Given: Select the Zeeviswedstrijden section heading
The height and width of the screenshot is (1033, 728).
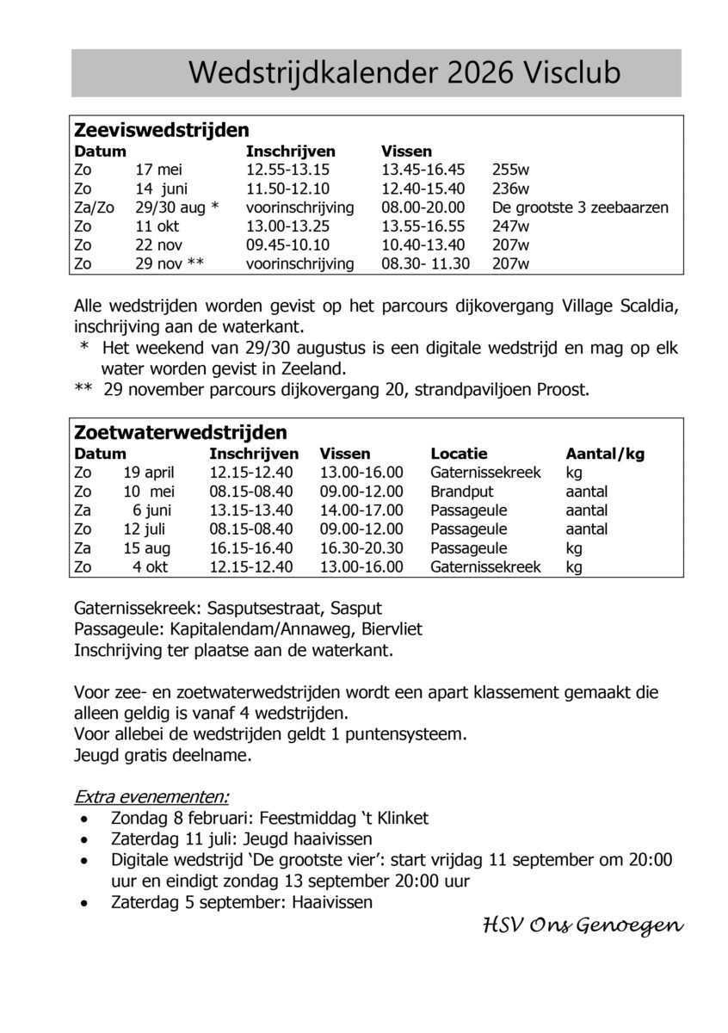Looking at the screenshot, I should point(162,130).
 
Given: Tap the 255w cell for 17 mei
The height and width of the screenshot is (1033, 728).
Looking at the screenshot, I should point(510,170).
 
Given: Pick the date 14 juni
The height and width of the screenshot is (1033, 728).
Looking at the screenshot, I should point(161,189).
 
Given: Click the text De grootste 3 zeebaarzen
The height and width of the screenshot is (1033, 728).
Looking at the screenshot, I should point(580,207).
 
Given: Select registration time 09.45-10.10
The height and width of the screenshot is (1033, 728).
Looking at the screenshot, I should point(287,244).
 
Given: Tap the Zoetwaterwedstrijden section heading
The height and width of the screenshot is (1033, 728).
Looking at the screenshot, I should point(181,431).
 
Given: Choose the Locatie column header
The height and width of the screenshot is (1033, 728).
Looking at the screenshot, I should point(459,453).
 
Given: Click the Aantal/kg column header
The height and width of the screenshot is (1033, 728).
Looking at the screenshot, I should point(605,453).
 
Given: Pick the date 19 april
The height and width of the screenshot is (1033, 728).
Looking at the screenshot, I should point(149,472).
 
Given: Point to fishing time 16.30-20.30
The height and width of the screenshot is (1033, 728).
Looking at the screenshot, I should point(361,548).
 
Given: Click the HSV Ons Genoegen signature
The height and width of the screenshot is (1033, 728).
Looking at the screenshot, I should point(583,926).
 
